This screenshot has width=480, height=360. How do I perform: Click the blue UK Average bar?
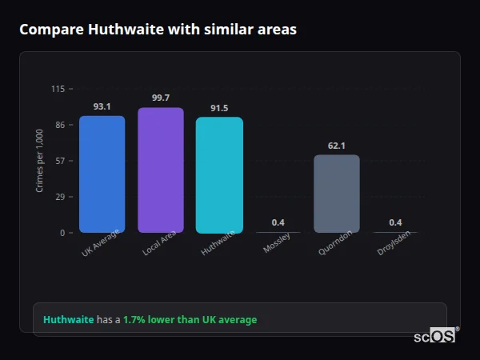[x=102, y=174]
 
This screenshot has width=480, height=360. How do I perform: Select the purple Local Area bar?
[x=160, y=170]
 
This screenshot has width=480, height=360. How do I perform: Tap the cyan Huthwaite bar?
[x=219, y=175]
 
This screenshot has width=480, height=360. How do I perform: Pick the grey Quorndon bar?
[x=336, y=194]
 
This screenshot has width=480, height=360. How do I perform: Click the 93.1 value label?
[x=102, y=106]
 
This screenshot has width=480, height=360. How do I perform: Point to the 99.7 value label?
[x=160, y=98]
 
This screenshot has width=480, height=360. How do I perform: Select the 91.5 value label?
[x=219, y=108]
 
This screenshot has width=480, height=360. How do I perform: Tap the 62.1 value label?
[x=336, y=146]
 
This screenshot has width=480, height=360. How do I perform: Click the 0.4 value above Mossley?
[x=278, y=222]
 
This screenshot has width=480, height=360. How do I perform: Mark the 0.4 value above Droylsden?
[x=395, y=222]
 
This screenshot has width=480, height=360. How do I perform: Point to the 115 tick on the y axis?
[x=58, y=89]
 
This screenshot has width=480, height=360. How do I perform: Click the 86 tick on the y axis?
[x=60, y=125]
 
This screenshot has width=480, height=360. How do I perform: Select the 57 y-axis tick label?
[x=60, y=161]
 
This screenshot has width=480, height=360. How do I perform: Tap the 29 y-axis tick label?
[x=60, y=197]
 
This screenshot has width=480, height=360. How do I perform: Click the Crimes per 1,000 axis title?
[x=40, y=161]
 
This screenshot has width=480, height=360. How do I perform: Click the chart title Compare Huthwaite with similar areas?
[x=158, y=30]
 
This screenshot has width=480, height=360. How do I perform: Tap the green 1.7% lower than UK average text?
[x=190, y=320]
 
